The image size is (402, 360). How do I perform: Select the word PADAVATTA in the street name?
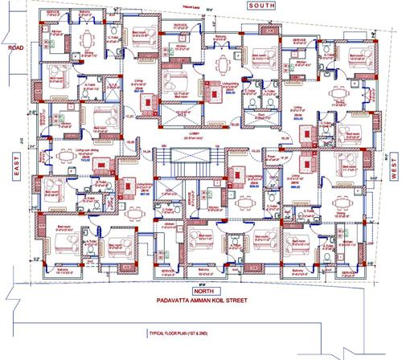[167, 303]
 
